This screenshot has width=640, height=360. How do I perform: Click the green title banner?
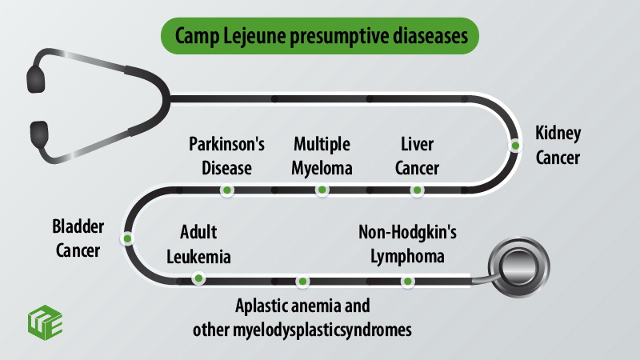click(x=320, y=36)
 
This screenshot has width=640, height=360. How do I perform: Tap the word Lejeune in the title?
click(x=254, y=36)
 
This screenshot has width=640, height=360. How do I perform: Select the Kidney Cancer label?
click(x=558, y=146)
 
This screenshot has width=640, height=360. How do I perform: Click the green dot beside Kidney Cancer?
click(x=515, y=146)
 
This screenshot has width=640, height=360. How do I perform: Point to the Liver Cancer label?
click(x=417, y=156)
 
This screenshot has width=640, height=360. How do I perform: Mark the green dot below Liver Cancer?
click(x=417, y=190)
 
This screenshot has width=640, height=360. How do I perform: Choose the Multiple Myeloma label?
click(x=322, y=156)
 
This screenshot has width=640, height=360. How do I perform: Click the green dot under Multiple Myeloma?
click(x=322, y=190)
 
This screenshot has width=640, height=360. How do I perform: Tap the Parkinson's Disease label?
click(x=226, y=156)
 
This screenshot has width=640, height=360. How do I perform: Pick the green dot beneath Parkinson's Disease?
click(x=227, y=190)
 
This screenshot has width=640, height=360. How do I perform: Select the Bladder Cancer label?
click(x=78, y=238)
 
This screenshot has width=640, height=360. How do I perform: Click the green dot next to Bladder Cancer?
click(x=127, y=238)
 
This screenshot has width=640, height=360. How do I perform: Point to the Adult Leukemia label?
click(x=198, y=245)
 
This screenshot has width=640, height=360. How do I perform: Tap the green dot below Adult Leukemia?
click(x=198, y=278)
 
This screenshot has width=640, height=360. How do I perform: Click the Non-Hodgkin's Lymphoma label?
click(x=407, y=245)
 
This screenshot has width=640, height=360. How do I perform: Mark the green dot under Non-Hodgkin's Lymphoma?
click(x=407, y=282)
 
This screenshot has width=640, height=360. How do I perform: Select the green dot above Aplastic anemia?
click(x=302, y=282)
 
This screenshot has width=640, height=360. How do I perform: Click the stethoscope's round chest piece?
click(x=518, y=267)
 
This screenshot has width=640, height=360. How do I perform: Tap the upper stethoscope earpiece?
click(x=36, y=79)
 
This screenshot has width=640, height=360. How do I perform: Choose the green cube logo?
click(x=46, y=322)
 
